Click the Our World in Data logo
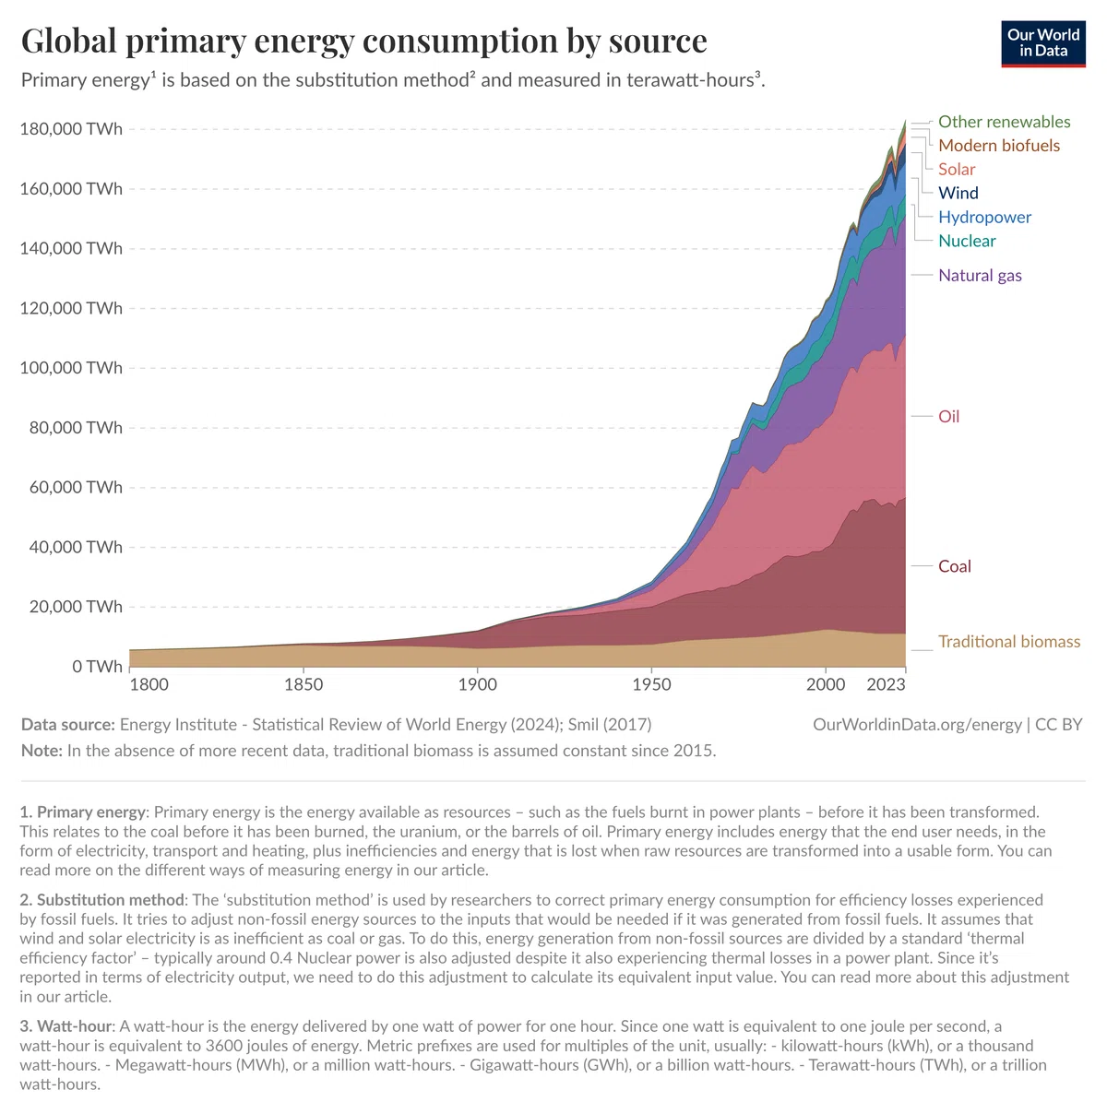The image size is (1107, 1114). (x=1042, y=44)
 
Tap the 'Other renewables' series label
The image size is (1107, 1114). (x=1004, y=122)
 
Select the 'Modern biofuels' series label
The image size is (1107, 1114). (x=999, y=146)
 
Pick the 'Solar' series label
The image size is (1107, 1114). (x=957, y=170)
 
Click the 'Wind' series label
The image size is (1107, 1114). (x=958, y=193)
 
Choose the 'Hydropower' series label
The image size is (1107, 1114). (x=984, y=218)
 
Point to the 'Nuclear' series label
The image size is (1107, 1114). (x=967, y=241)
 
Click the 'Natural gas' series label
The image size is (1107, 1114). (x=980, y=276)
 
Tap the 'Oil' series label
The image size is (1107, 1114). (x=948, y=417)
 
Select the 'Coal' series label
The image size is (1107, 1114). (x=954, y=566)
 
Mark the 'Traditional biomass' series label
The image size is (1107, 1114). (x=1009, y=642)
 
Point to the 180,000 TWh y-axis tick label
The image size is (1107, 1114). (x=71, y=129)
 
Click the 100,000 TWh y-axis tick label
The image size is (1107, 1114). (x=71, y=368)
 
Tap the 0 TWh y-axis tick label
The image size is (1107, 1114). (x=97, y=667)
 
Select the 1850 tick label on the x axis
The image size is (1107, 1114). (x=304, y=685)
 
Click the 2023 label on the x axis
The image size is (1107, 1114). (x=886, y=685)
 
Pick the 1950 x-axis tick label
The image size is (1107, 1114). (x=652, y=685)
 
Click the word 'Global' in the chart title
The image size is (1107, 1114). (x=69, y=41)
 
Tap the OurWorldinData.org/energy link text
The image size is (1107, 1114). (x=917, y=725)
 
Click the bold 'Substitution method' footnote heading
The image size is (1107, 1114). (x=111, y=900)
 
